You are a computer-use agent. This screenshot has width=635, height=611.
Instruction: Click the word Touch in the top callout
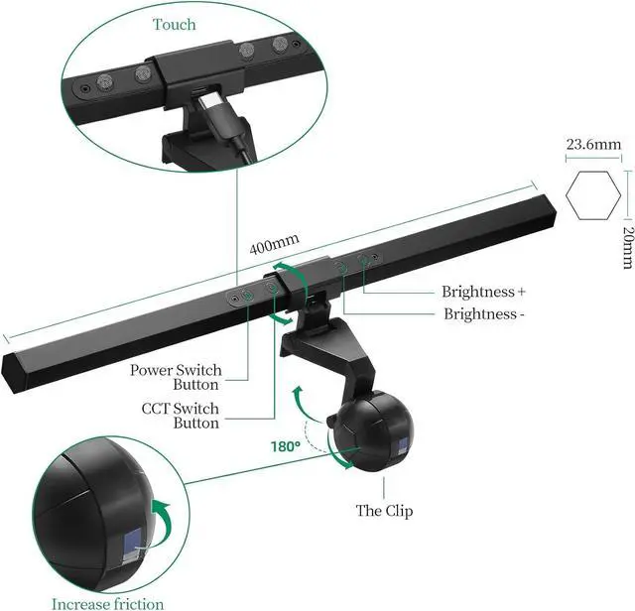(175, 24)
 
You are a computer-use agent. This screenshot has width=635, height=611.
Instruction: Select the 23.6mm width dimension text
(593, 145)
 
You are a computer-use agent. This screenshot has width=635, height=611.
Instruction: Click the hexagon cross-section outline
(593, 193)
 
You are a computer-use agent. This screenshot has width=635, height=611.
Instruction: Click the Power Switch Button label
(176, 377)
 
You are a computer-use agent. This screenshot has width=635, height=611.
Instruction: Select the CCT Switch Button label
(182, 415)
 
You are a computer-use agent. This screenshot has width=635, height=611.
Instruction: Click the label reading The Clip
(384, 512)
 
